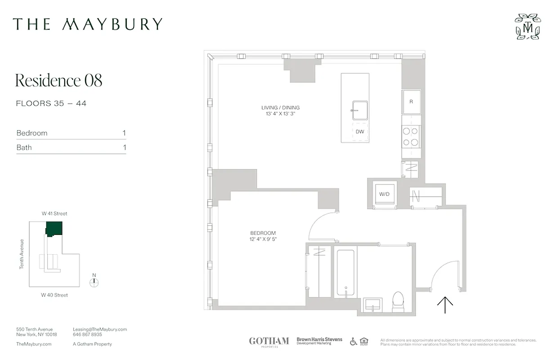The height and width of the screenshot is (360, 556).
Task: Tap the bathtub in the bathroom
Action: (345, 273)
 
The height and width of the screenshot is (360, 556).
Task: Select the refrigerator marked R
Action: (411, 102)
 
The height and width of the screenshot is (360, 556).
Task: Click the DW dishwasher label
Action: (359, 132)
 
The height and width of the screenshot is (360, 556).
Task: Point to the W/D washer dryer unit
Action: (384, 194)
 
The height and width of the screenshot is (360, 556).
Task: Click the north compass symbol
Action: (94, 283)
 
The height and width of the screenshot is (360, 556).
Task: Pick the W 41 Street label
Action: (54, 213)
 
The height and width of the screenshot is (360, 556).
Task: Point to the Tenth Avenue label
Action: (21, 254)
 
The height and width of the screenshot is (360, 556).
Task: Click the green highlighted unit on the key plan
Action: (54, 229)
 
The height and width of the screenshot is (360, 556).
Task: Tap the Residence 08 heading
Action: (59, 81)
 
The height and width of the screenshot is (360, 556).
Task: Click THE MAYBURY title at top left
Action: (87, 24)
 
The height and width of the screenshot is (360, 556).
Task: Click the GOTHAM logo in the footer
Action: (269, 341)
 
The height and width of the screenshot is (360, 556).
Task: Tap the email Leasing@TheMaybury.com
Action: (100, 329)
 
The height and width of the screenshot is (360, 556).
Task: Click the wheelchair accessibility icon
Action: (354, 342)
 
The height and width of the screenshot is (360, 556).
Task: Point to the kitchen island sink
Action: (359, 110)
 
